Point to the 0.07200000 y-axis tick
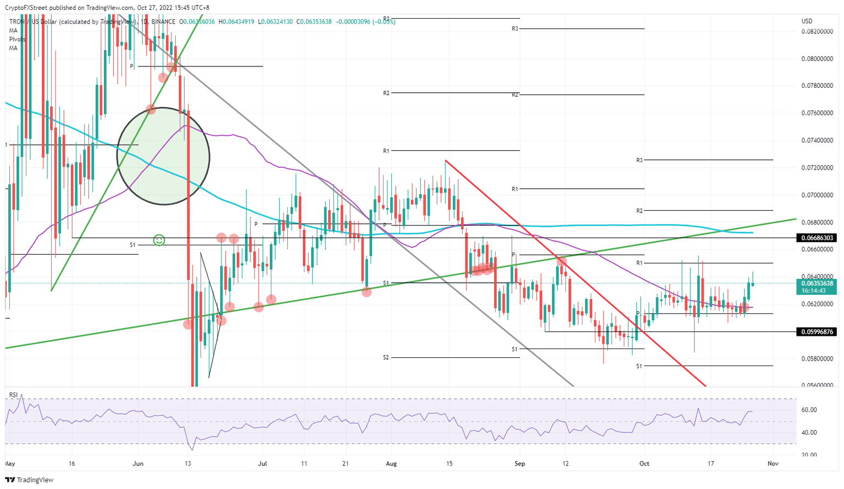click(817, 168)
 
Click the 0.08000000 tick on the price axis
click(817, 59)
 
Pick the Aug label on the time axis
click(391, 464)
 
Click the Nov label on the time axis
click(773, 464)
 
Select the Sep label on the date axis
click(519, 464)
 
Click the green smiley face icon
click(159, 240)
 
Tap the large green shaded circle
click(163, 156)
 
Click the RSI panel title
click(13, 395)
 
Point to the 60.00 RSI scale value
click(809, 410)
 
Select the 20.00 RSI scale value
click(809, 455)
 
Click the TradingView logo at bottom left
click(30, 480)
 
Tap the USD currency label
click(807, 21)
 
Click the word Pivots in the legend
click(17, 40)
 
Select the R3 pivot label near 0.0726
click(640, 160)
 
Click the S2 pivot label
click(386, 357)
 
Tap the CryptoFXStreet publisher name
click(26, 8)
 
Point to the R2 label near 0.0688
click(640, 211)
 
